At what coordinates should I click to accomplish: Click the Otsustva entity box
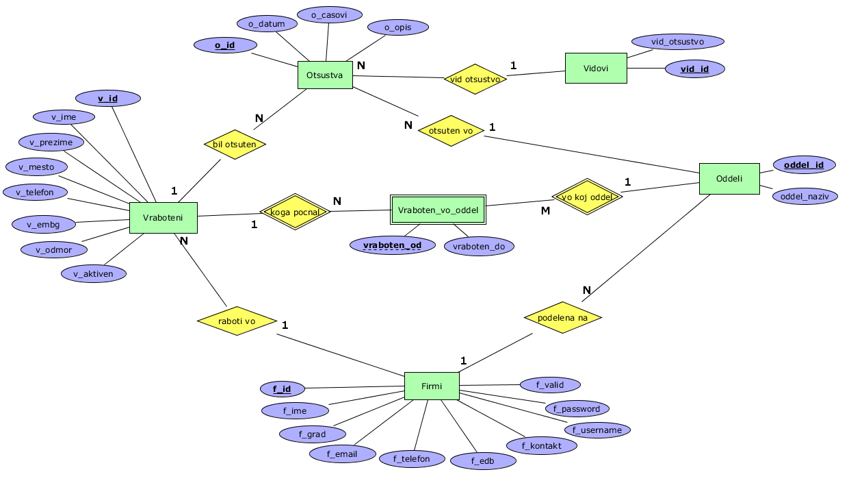point(325,75)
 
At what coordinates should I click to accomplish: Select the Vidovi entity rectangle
point(596,69)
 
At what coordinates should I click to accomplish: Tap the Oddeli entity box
point(729,179)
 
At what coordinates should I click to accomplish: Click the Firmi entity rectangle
point(432,386)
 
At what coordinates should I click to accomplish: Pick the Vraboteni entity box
point(163,218)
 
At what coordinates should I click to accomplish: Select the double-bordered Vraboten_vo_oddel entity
point(438,210)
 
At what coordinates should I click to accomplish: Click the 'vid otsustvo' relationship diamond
point(475,79)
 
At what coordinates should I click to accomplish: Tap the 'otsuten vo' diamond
point(451,130)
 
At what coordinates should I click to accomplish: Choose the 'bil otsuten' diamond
point(235,145)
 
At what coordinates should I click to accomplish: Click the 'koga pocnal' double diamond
point(296,212)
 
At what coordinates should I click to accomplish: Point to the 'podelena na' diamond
point(563,317)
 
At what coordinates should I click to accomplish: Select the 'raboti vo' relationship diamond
point(237,321)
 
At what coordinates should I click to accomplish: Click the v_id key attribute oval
point(108,99)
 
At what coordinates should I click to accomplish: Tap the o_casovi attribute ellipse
point(330,14)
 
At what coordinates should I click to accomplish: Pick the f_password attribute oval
point(577,409)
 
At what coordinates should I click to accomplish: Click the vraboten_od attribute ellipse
point(392,245)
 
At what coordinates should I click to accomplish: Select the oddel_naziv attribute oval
point(805,197)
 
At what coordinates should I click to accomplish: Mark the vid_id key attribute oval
point(694,69)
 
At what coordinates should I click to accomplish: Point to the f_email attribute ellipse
point(343,454)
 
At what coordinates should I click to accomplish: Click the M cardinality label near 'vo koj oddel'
point(545,211)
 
